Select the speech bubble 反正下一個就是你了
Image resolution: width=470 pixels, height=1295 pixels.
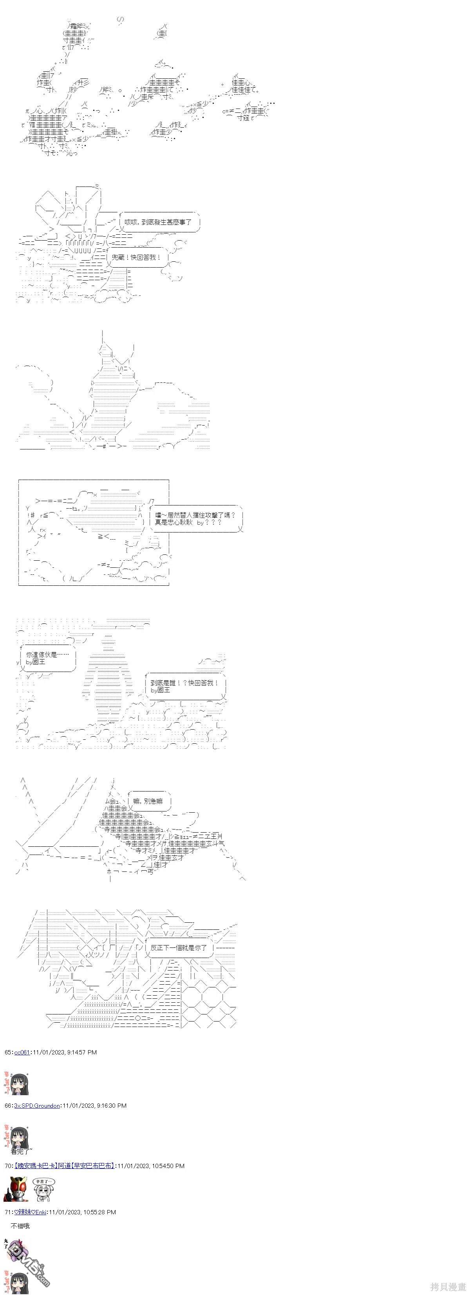pos(179,947)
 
